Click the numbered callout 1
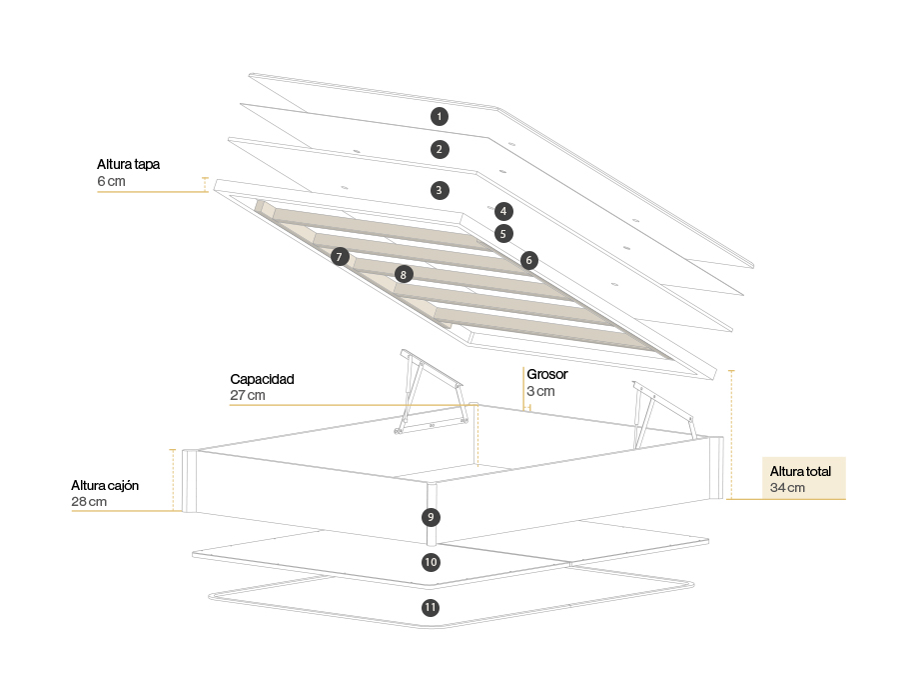439,116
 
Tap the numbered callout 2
439,149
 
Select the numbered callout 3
439,189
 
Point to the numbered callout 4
503,211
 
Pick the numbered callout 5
503,234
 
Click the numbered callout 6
528,260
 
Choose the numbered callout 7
340,257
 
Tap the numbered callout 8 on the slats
403,273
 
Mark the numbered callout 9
430,517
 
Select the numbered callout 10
431,562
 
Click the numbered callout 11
431,607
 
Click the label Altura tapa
129,164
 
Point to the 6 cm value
112,181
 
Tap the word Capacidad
262,379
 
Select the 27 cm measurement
248,395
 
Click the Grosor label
547,374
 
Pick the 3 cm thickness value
540,391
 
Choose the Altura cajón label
105,485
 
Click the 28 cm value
89,501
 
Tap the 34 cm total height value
788,488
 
